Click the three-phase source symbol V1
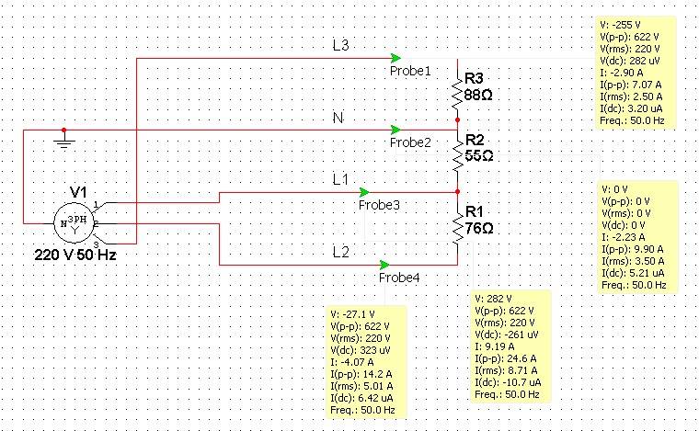(x=77, y=222)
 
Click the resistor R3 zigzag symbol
(x=457, y=90)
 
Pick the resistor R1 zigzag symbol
(x=457, y=228)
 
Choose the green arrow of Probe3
(x=364, y=191)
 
